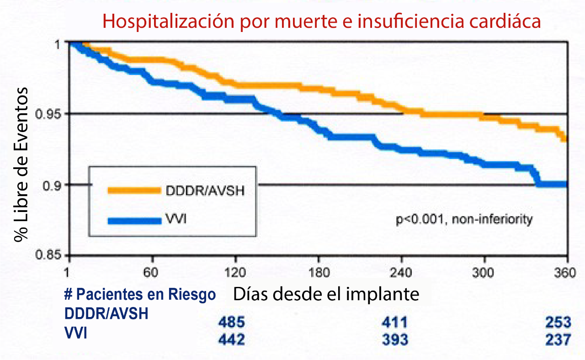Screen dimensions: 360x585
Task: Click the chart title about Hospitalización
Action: click(x=322, y=21)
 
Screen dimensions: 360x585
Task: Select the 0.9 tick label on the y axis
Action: click(x=53, y=185)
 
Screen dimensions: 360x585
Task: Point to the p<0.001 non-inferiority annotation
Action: click(x=464, y=220)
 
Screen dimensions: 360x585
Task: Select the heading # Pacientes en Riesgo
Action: click(x=139, y=295)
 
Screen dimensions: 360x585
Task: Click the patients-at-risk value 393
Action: click(x=394, y=340)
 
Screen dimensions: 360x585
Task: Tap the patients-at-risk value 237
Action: click(x=558, y=340)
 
